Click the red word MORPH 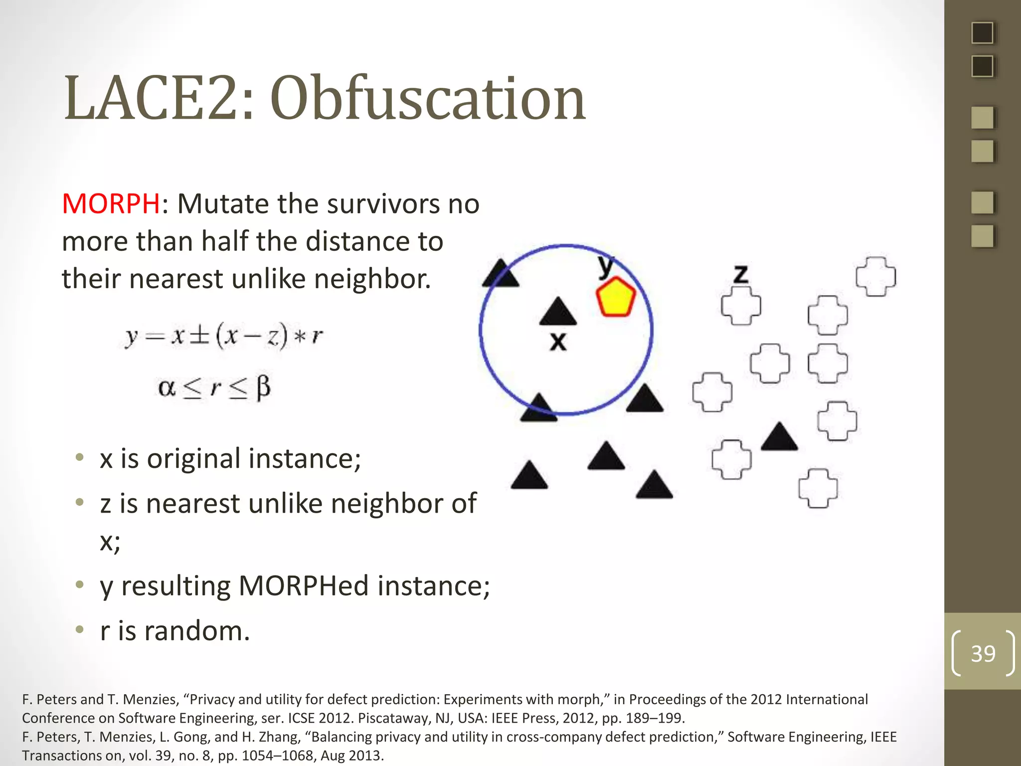(111, 204)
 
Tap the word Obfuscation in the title (428, 98)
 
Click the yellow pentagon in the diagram (616, 298)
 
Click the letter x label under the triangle (558, 342)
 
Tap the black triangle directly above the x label (558, 313)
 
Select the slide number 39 (983, 653)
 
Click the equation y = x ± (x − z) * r (224, 336)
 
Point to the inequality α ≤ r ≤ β (214, 388)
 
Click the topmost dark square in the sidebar (982, 33)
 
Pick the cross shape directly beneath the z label (741, 306)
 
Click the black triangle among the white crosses (779, 438)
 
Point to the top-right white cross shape (875, 277)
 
